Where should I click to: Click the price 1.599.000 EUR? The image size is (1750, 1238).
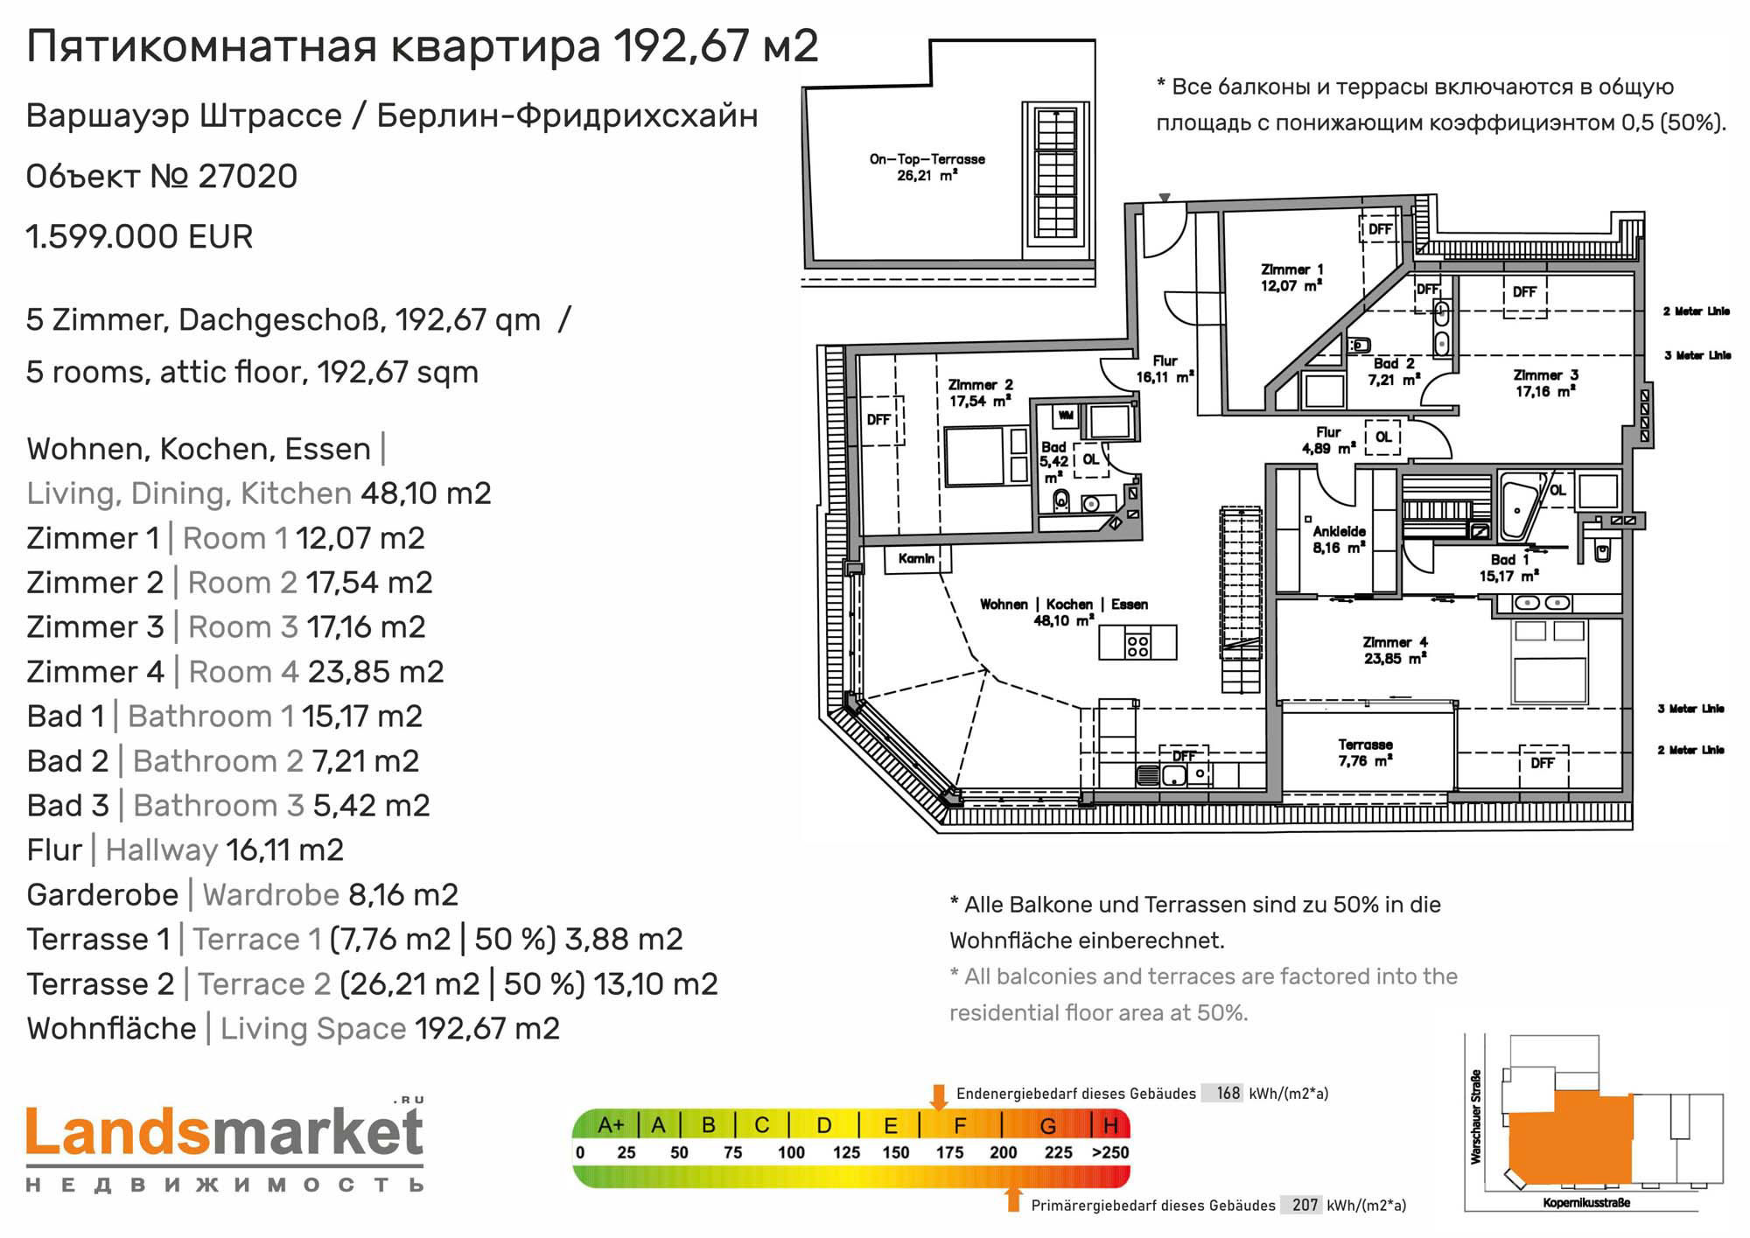tap(140, 237)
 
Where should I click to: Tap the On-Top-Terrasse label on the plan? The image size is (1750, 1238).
tap(927, 167)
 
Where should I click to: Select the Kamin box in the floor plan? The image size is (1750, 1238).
tap(916, 559)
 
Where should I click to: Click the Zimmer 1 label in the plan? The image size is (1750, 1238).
tap(1291, 277)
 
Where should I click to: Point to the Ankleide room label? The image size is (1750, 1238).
tap(1339, 539)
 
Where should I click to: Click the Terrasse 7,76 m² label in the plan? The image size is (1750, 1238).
tap(1365, 752)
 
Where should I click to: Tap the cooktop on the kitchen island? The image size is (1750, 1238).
tap(1137, 645)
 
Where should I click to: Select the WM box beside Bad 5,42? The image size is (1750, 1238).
tap(1066, 416)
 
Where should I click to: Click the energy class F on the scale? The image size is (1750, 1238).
tap(960, 1125)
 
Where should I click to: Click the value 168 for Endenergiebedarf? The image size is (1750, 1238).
tap(1228, 1093)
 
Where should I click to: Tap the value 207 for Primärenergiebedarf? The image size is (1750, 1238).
tap(1305, 1205)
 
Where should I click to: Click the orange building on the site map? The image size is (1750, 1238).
tap(1570, 1137)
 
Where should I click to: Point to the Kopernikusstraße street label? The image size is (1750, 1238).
tap(1586, 1203)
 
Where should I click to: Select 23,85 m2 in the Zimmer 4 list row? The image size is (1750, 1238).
tap(376, 672)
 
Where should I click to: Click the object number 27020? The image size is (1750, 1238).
tap(248, 177)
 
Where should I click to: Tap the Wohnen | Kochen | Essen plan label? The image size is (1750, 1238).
tap(1063, 605)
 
